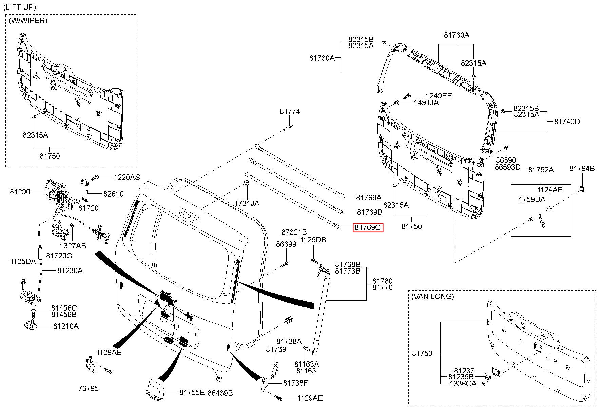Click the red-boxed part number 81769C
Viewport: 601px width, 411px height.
tap(368, 227)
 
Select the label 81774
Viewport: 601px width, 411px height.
tap(290, 111)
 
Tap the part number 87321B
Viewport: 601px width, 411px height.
tap(294, 232)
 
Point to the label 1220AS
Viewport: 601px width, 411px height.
tap(127, 177)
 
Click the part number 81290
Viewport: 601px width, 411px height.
tap(20, 192)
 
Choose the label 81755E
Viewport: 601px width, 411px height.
tap(192, 392)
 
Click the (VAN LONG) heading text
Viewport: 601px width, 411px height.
tap(432, 296)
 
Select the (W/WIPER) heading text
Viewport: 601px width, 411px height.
tap(28, 20)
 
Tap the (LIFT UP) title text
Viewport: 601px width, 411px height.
tap(19, 7)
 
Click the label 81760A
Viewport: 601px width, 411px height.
tap(457, 35)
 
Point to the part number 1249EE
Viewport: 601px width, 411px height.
tap(439, 96)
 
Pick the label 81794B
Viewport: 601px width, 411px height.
tap(582, 168)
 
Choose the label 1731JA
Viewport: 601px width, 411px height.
tap(247, 203)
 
